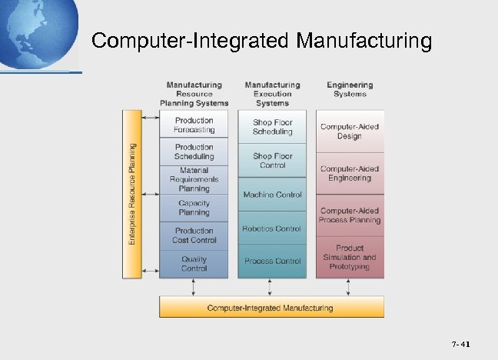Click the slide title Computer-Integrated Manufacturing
pos(261,40)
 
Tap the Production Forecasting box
pos(194,125)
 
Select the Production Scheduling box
pos(194,152)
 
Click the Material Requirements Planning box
pos(194,179)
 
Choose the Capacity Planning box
pos(194,208)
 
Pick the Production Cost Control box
pos(194,235)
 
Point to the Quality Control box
pos(194,263)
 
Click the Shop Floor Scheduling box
pos(273,127)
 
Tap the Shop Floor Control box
pos(273,160)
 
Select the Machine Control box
pos(273,195)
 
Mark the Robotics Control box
pos(273,228)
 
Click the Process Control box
pos(273,262)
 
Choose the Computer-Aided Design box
pos(350,131)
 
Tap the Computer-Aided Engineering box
pos(350,173)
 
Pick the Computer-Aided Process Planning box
pos(350,215)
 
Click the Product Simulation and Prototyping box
pos(350,257)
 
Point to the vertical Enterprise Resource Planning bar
pos(132,194)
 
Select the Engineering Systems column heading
pos(350,89)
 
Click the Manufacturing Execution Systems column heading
pos(273,94)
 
